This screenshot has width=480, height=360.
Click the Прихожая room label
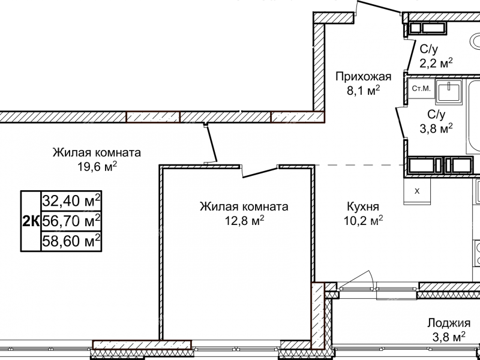click(x=363, y=76)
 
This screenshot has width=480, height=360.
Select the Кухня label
click(x=362, y=206)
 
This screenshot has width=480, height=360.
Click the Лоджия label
click(x=449, y=322)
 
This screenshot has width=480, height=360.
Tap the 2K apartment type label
click(x=31, y=221)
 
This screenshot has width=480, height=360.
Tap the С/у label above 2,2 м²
click(x=430, y=49)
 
